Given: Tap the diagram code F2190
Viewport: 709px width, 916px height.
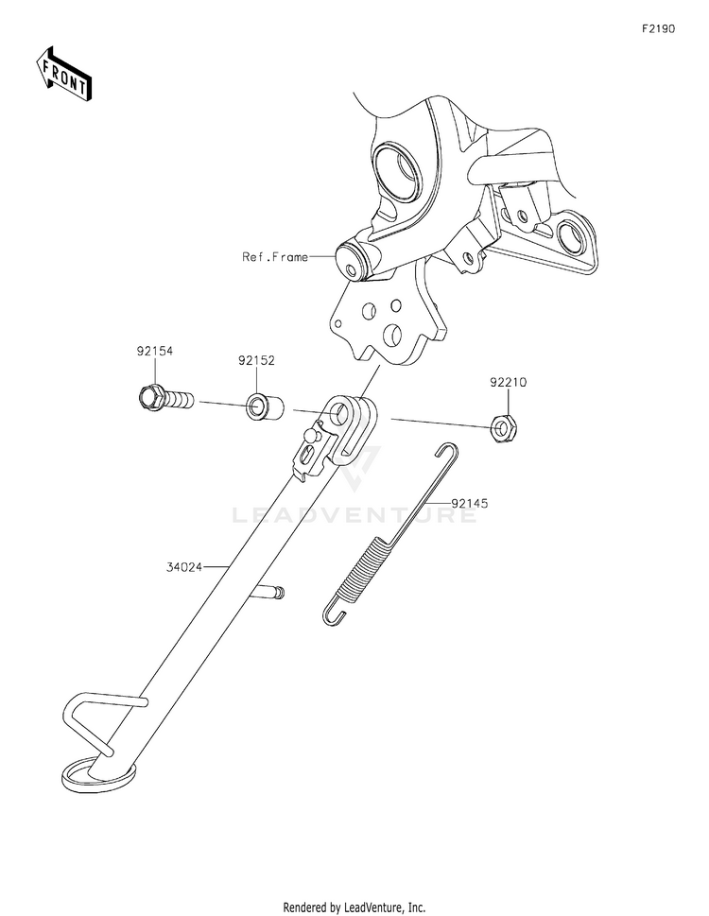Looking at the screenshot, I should coord(658,29).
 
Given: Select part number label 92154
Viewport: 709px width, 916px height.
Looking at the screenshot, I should coord(155,351).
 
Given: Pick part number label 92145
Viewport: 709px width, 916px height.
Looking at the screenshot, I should coord(470,504).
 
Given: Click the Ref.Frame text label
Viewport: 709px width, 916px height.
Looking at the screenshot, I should coord(275,256).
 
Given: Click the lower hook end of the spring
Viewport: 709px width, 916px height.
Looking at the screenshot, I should coord(330,614).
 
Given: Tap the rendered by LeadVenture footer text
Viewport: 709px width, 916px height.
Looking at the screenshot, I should coord(354,907).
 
